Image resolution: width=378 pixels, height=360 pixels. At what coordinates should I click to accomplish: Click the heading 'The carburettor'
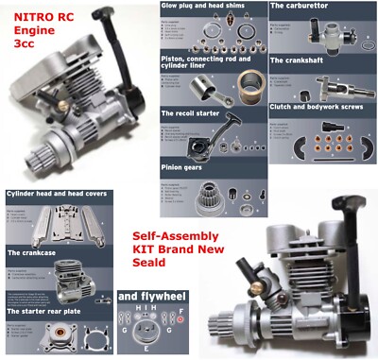[301, 6]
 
